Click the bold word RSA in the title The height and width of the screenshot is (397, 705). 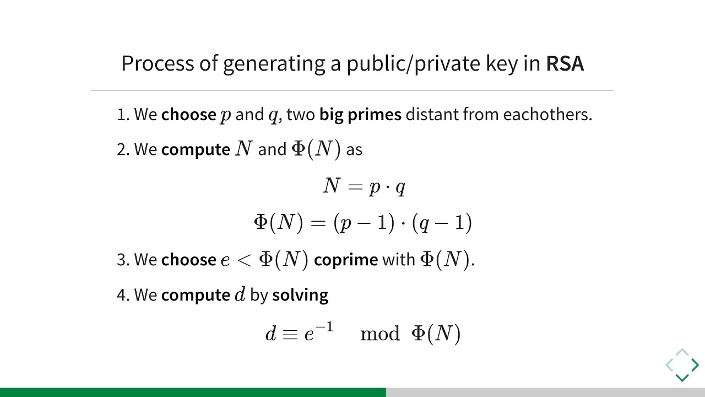point(565,63)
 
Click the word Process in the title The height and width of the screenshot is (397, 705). point(158,63)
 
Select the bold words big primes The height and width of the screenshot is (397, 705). point(360,115)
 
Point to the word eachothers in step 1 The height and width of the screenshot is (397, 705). point(547,114)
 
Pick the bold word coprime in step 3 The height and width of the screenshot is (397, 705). point(346,261)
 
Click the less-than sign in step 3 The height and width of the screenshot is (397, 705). point(244,261)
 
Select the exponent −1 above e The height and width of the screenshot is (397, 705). point(324,327)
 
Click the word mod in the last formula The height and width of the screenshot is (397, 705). point(380,334)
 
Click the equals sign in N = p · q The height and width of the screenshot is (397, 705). point(355,187)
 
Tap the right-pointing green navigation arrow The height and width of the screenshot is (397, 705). point(695,365)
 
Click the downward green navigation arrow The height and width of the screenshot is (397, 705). point(682,378)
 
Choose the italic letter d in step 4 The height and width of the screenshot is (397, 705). point(240,294)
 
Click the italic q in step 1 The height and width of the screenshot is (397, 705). point(273,116)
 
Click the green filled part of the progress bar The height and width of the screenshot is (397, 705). point(193,392)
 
